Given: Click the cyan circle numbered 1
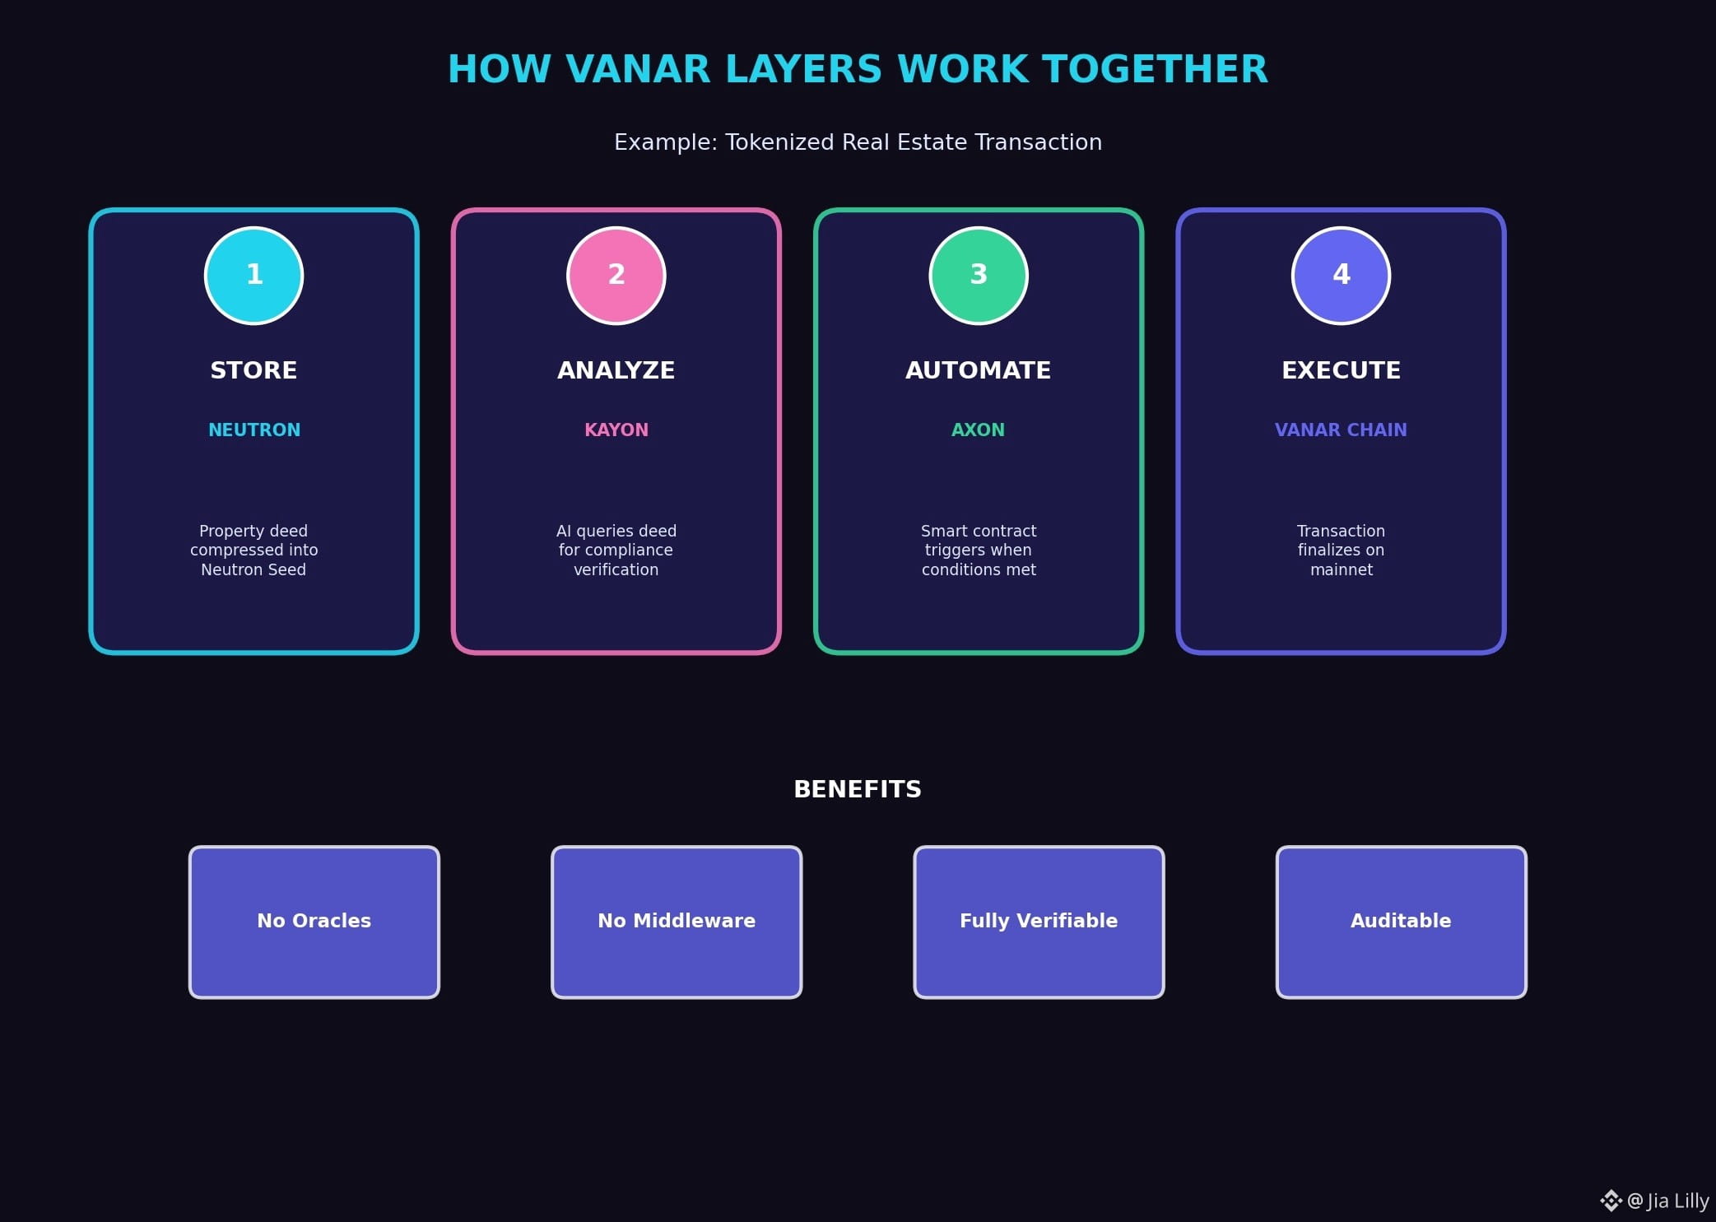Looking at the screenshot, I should click(253, 276).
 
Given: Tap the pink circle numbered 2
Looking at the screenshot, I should click(616, 276).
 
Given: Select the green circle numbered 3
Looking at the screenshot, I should click(979, 276).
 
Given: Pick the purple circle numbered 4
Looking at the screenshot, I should click(1341, 276).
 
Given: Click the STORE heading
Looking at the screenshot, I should click(253, 370).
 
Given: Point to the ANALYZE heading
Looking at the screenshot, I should click(616, 370).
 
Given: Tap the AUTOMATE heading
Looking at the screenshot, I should click(979, 370).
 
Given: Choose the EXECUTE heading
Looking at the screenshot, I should click(1341, 370).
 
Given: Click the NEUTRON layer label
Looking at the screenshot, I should click(254, 430).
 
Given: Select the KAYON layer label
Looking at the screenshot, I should click(616, 430).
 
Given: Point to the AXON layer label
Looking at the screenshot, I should click(979, 430).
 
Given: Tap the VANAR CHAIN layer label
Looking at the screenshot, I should click(1341, 430).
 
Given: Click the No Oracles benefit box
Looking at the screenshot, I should click(314, 922).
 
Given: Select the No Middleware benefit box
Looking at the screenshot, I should click(677, 922).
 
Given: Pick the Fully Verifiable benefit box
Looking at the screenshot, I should click(1039, 922).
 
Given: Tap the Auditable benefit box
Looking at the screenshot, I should click(1401, 922).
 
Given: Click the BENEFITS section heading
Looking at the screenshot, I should click(858, 789).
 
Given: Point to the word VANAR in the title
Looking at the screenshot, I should click(638, 69).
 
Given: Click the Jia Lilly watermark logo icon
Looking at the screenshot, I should click(1611, 1201).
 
